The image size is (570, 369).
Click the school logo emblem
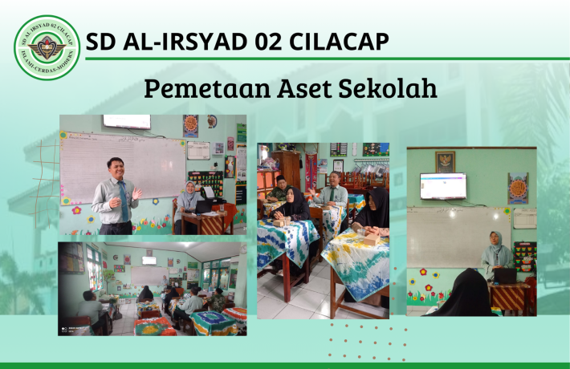[x=47, y=47]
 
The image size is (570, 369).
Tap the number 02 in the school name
[x=247, y=41]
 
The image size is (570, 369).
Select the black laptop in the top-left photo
[x=205, y=206]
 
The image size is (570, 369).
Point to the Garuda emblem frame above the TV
[x=445, y=160]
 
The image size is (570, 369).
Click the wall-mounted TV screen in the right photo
[x=442, y=186]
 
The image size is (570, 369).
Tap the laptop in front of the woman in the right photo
[x=505, y=276]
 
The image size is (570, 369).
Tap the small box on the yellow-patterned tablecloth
[x=372, y=240]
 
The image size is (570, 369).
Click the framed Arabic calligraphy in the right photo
[x=517, y=189]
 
